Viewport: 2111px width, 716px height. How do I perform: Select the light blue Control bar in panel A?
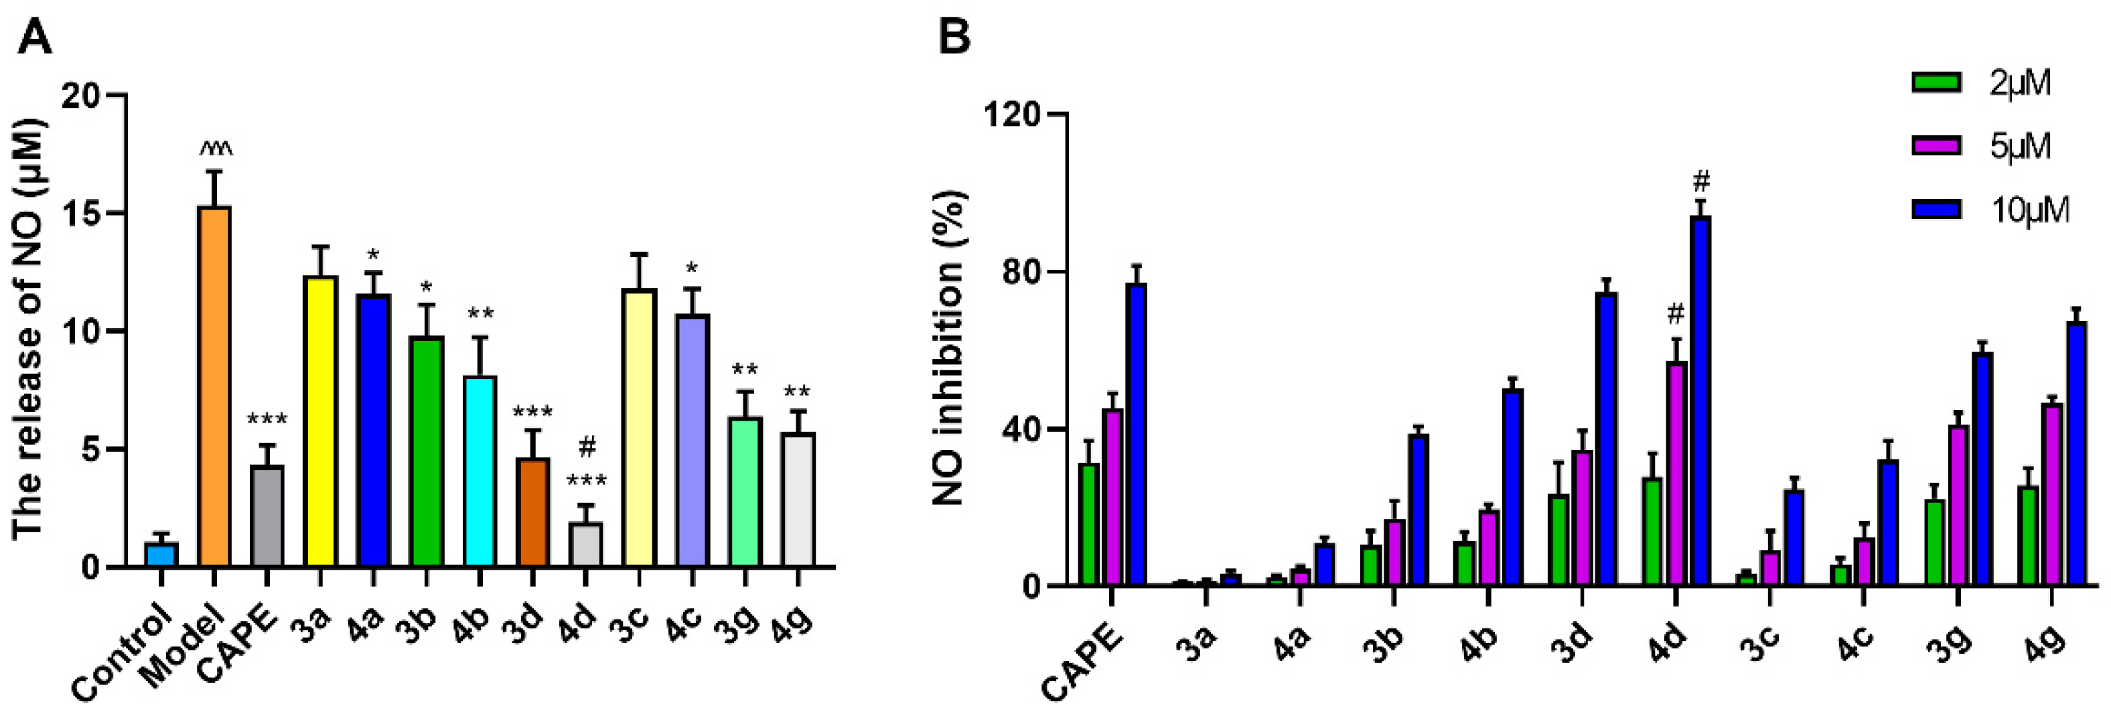(161, 555)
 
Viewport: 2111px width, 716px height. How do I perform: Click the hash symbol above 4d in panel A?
(587, 447)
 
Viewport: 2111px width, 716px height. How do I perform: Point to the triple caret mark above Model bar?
(216, 148)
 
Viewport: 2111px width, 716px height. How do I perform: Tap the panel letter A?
(34, 37)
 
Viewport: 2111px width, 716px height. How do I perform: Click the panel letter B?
(953, 37)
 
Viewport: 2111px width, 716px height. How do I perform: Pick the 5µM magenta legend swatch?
(1936, 147)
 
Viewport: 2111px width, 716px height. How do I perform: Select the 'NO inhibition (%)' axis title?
(950, 348)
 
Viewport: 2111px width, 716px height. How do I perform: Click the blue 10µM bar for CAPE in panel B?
(1136, 433)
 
